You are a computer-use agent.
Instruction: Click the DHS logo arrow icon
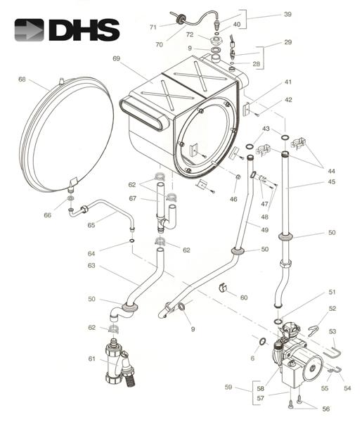pyautogui.click(x=29, y=30)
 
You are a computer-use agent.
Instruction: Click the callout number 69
pyautogui.click(x=116, y=58)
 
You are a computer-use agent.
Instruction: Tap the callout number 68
pyautogui.click(x=22, y=79)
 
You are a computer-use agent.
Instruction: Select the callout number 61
pyautogui.click(x=91, y=359)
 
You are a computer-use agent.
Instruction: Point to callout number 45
pyautogui.click(x=332, y=181)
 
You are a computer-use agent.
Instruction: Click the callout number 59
pyautogui.click(x=228, y=387)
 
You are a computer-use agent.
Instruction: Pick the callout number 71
pyautogui.click(x=153, y=27)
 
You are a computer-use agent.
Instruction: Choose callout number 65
pyautogui.click(x=91, y=225)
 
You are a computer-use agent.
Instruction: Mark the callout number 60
pyautogui.click(x=244, y=298)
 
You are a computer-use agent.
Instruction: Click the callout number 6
pyautogui.click(x=252, y=358)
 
